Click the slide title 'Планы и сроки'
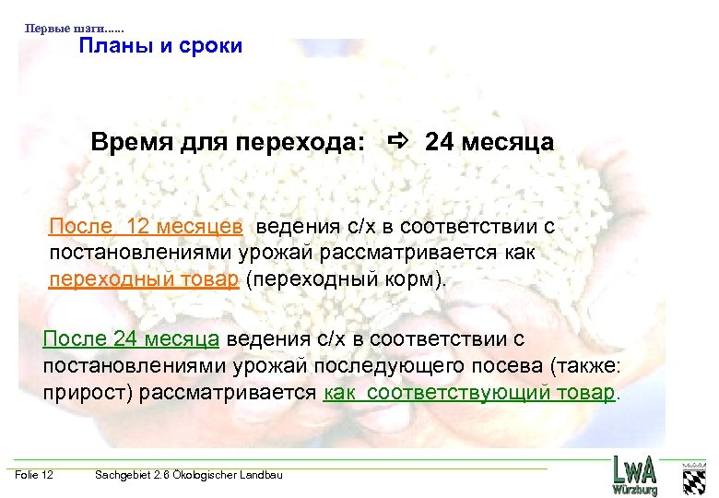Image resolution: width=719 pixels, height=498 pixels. pos(160,45)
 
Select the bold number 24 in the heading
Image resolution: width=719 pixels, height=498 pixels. pos(441,143)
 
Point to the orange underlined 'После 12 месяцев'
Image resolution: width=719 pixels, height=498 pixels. pos(147,226)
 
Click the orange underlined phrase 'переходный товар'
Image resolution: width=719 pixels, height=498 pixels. pos(143,279)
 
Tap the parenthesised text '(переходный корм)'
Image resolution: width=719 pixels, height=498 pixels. pos(343,279)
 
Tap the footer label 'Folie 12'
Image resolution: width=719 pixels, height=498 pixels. pos(34,475)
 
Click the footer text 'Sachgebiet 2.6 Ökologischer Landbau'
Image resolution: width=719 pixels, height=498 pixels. pos(189,475)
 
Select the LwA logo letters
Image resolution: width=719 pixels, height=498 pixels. pos(636,470)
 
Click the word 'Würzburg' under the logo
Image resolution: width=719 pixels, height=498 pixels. pos(636,491)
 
